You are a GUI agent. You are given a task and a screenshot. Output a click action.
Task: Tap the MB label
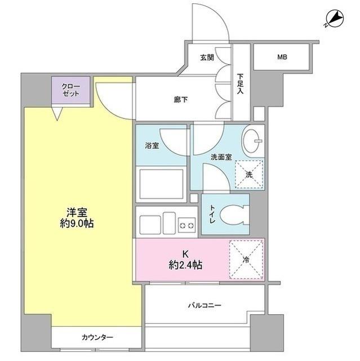point(281,56)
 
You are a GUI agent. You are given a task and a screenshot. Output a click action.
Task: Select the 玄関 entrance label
point(207,58)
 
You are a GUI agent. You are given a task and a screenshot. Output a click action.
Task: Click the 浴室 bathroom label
point(152,145)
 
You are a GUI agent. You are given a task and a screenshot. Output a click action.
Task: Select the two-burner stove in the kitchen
point(186,225)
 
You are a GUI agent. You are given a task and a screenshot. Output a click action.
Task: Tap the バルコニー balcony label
point(205,306)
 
